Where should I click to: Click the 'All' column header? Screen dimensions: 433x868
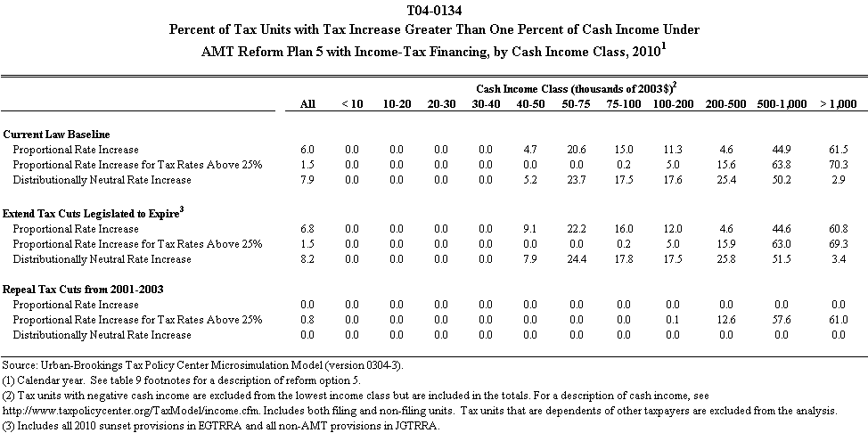[x=307, y=104]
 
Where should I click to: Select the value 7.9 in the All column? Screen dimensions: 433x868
[x=307, y=180]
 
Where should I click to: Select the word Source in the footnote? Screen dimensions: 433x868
[x=19, y=365]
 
